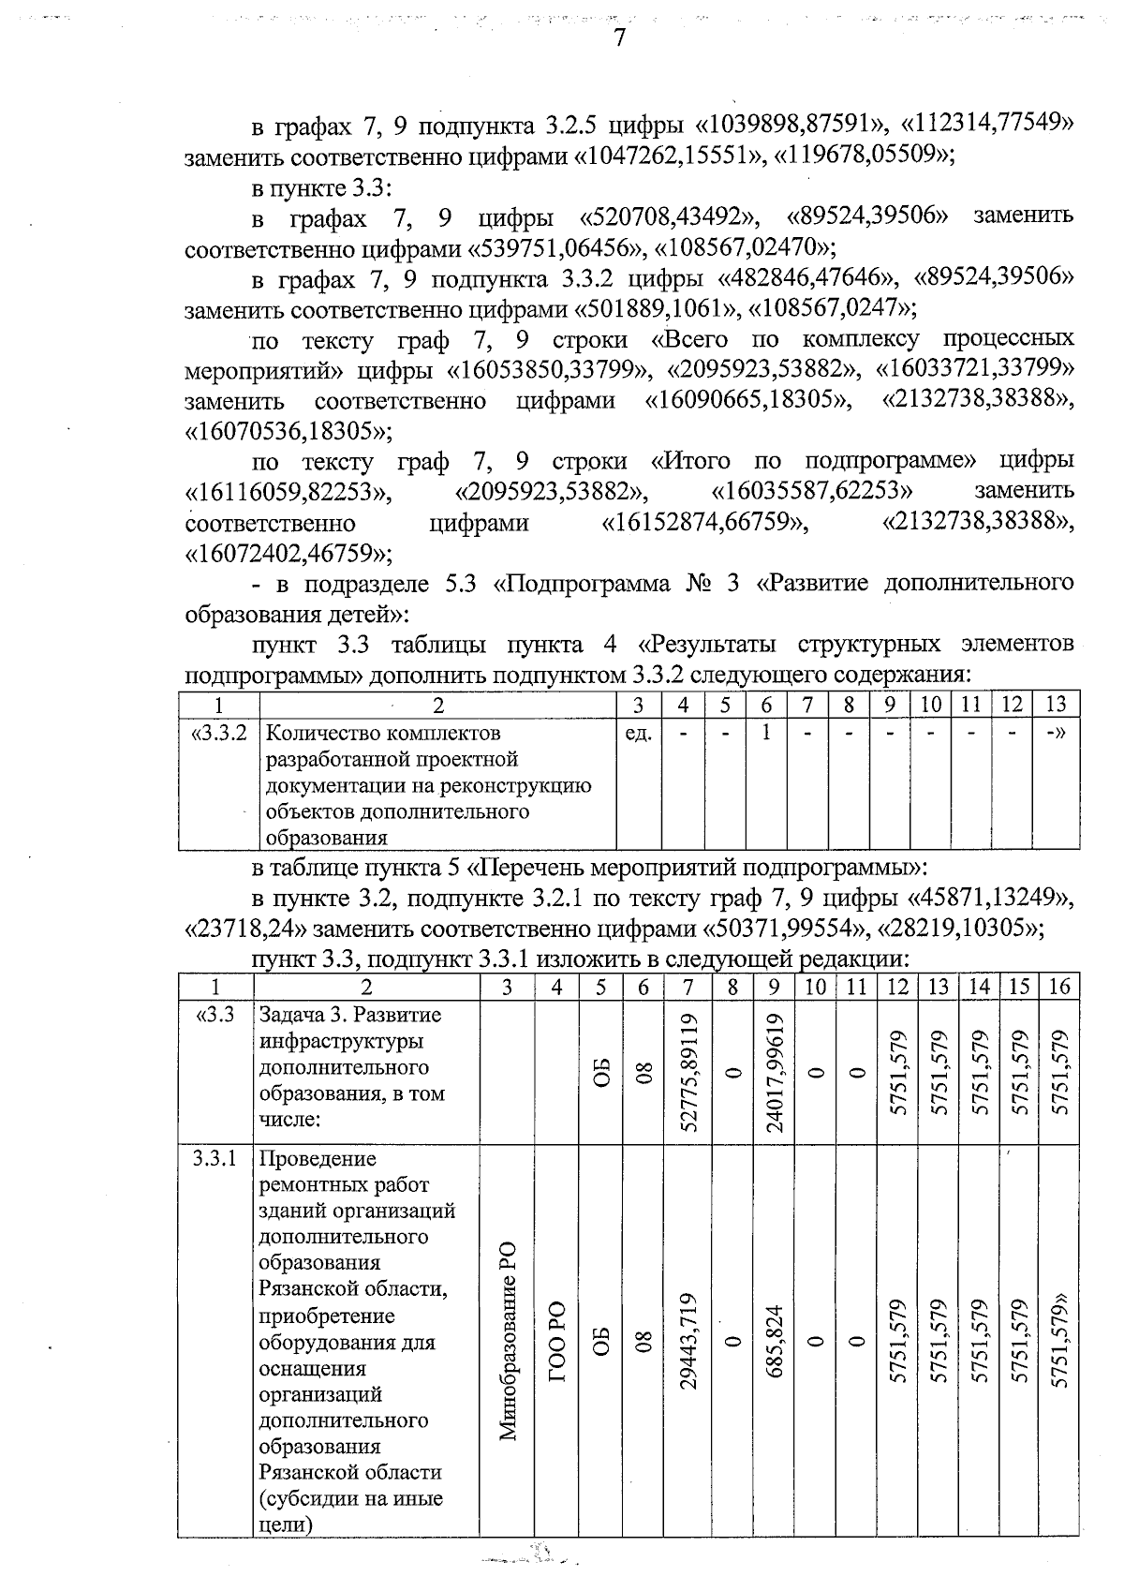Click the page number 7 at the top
click(x=618, y=37)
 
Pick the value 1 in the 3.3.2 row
click(x=766, y=733)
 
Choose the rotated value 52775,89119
click(x=689, y=1073)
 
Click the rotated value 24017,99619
click(x=774, y=1073)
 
